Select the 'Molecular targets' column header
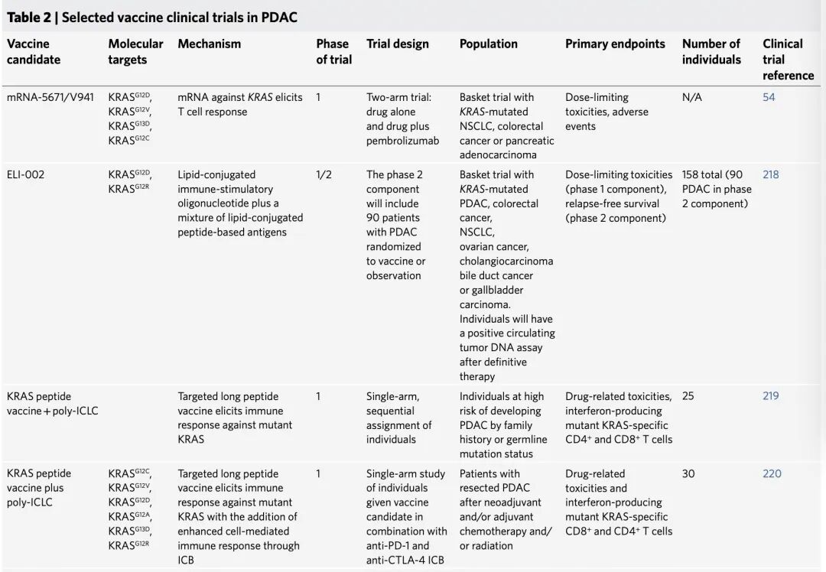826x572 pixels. (135, 51)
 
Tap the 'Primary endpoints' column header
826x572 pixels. (615, 44)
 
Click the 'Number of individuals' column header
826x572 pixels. (711, 51)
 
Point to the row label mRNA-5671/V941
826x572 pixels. (50, 97)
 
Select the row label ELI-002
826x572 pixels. (25, 174)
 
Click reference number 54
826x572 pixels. (769, 97)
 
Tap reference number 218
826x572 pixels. (771, 174)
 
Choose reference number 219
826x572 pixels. (771, 396)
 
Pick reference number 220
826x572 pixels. (772, 473)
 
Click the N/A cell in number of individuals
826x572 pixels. (692, 97)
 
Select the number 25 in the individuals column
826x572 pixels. (688, 396)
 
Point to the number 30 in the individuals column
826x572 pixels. (688, 473)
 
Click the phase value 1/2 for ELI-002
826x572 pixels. (324, 174)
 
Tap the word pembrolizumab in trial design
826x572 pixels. (402, 141)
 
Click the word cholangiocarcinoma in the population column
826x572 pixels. (506, 261)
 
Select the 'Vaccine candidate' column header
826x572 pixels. (34, 51)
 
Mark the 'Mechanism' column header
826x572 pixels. (209, 44)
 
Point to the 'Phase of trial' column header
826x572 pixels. (333, 51)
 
